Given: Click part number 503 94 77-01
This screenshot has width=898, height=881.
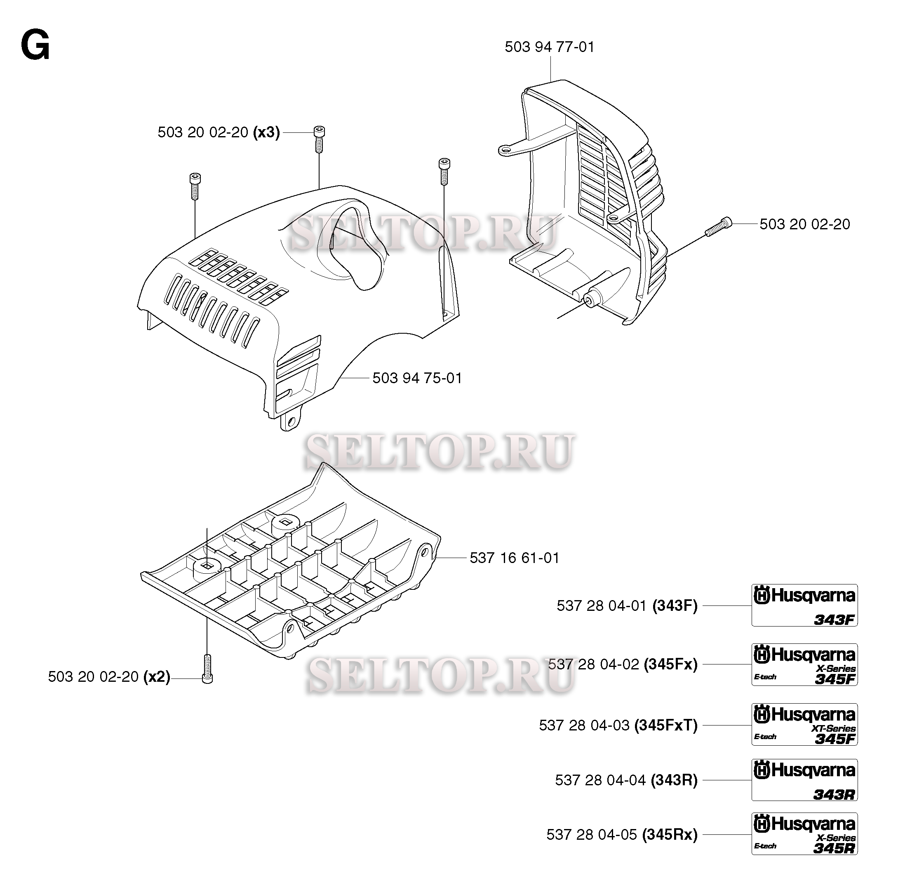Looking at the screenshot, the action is click(550, 47).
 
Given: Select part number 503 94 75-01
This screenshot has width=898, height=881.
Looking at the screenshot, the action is click(417, 378).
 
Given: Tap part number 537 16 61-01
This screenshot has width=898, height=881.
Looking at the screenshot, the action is click(515, 558).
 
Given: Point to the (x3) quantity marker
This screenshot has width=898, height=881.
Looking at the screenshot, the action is click(266, 132).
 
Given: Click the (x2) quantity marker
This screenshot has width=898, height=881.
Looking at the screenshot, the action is click(157, 677).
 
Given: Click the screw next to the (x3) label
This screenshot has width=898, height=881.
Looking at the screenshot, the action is click(319, 139).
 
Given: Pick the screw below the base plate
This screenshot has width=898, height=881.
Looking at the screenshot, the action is click(207, 669).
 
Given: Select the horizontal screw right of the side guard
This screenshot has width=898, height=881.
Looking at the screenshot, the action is click(719, 227).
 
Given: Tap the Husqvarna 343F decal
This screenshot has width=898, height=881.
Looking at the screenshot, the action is click(804, 605).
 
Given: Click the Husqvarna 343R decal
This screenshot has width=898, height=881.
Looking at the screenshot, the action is click(804, 780).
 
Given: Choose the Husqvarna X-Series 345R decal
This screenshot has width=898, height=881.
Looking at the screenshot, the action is click(804, 834).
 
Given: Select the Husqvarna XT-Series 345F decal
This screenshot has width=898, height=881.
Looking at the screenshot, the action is click(804, 725).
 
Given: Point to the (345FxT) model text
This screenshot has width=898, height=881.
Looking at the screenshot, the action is click(666, 725).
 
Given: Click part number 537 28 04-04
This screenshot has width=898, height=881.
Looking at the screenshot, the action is click(600, 780).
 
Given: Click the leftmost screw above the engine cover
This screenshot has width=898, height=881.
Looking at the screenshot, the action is click(195, 186).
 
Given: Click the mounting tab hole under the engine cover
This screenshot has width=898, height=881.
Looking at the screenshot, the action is click(291, 421).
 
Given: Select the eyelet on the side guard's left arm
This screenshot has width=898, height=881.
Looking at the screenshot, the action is click(505, 149).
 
